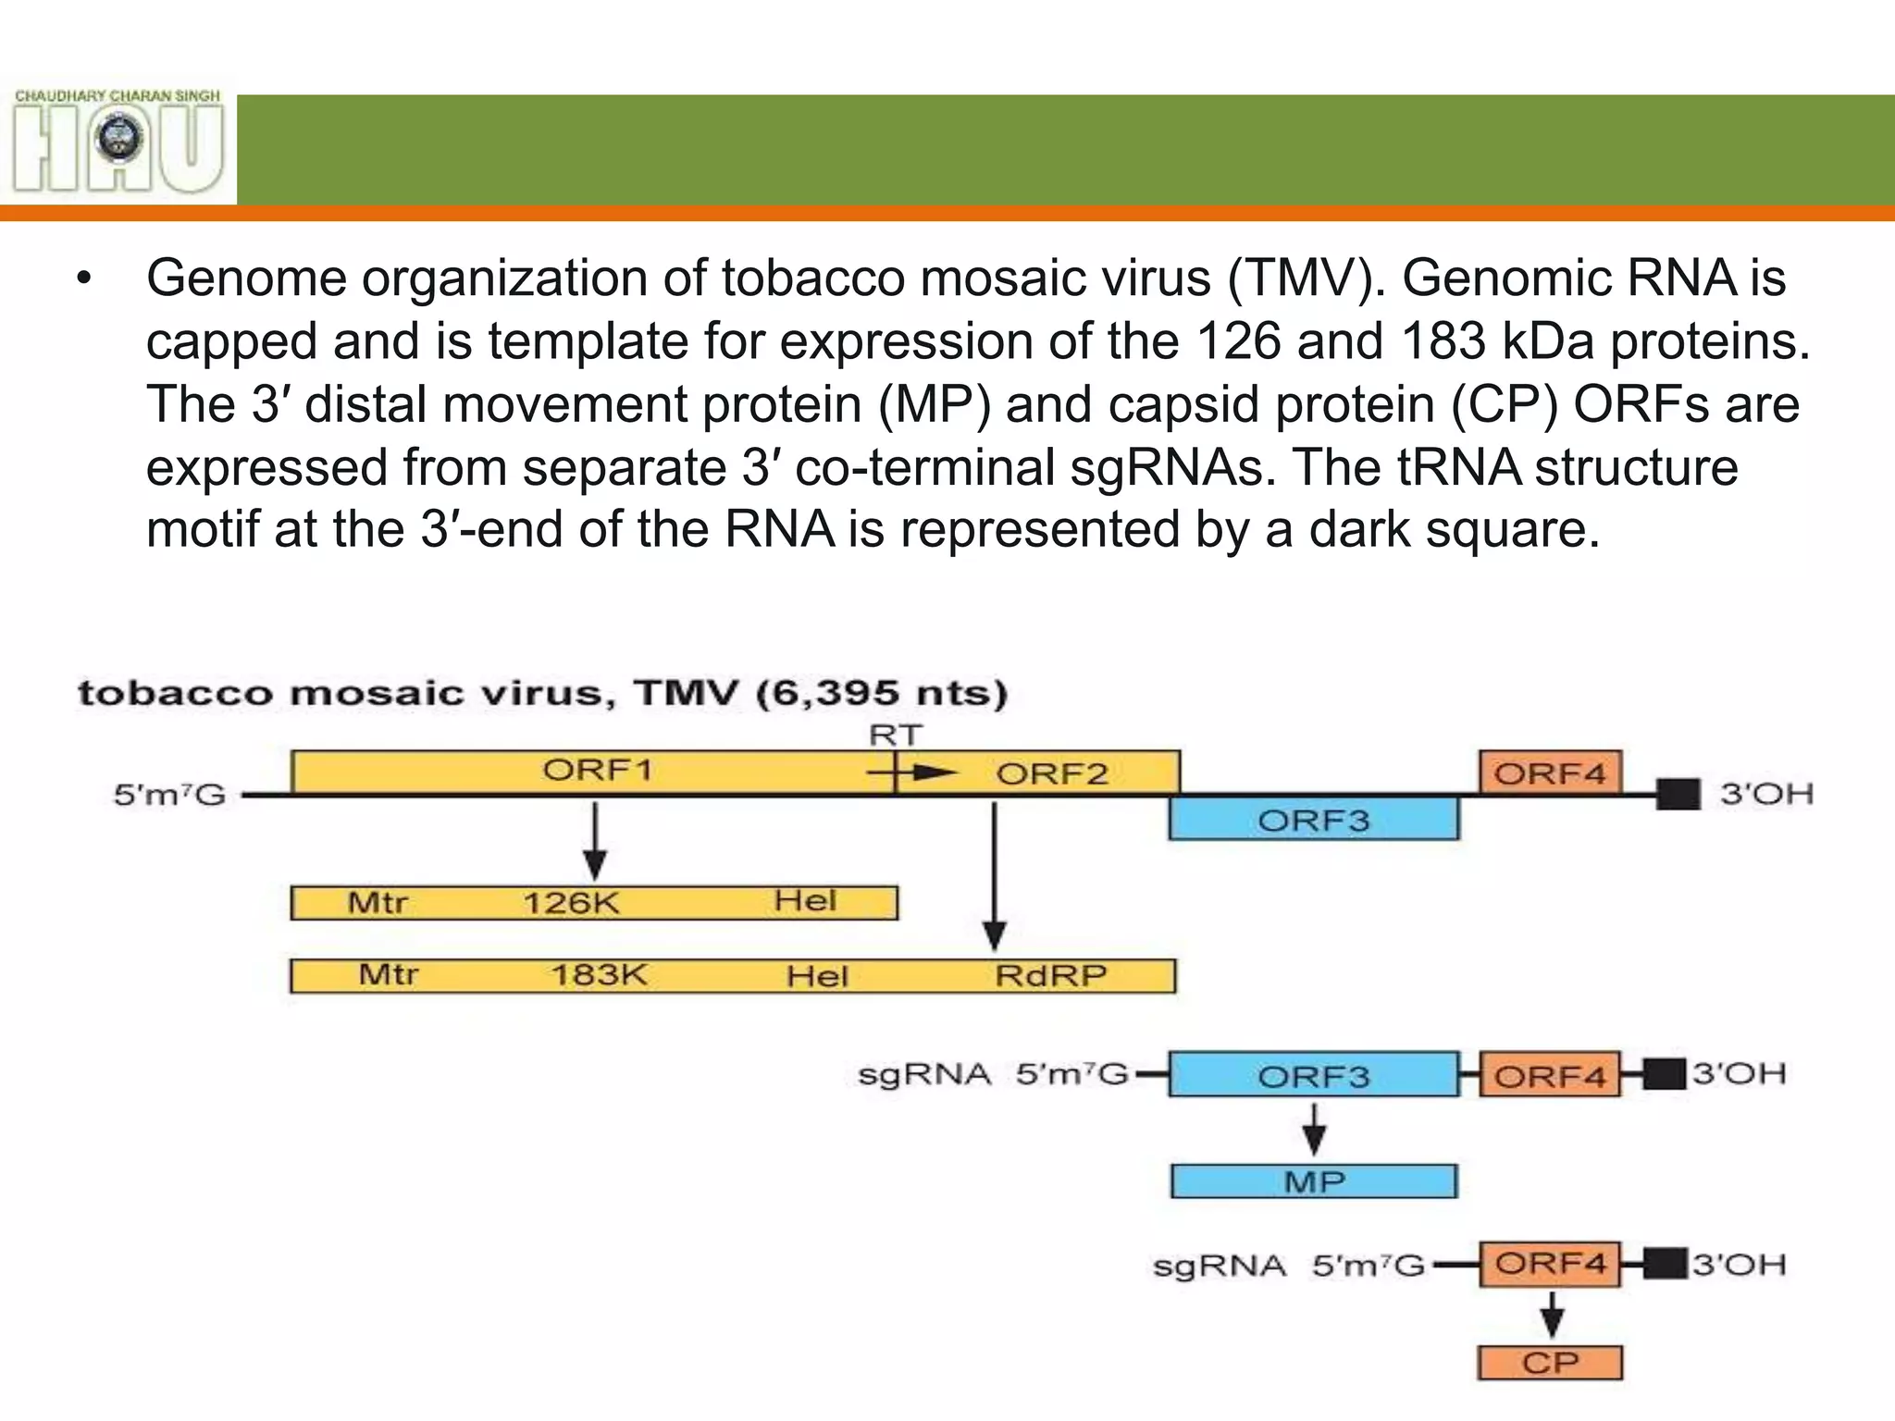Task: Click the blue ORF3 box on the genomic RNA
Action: click(x=1313, y=820)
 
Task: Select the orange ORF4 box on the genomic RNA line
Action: click(x=1550, y=772)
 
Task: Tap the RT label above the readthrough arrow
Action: click(x=895, y=735)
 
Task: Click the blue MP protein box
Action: click(x=1314, y=1181)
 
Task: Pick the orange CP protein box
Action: click(x=1550, y=1362)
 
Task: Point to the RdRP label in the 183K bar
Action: click(x=1050, y=975)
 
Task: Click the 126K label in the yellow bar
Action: click(x=571, y=902)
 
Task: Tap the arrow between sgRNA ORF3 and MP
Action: click(x=1314, y=1128)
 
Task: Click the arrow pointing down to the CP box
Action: click(x=1552, y=1314)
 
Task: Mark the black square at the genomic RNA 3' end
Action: click(x=1678, y=794)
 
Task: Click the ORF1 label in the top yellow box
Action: click(x=597, y=770)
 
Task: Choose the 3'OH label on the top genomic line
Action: click(x=1765, y=794)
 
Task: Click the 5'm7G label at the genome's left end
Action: click(x=169, y=795)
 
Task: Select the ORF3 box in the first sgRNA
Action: click(x=1314, y=1075)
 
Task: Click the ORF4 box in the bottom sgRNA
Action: click(x=1550, y=1264)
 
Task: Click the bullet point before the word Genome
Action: click(x=85, y=279)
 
